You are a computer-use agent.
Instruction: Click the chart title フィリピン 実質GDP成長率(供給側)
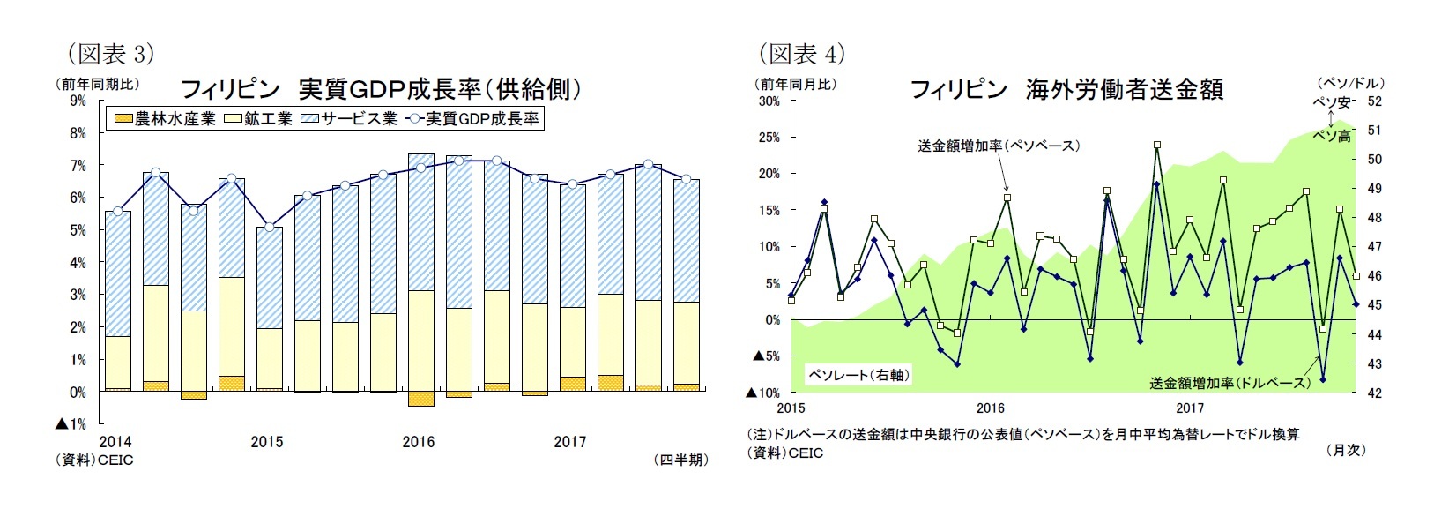point(381,89)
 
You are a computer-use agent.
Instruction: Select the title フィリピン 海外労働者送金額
point(1066,89)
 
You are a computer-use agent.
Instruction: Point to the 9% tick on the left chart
point(78,101)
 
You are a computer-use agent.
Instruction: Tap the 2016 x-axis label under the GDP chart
point(418,442)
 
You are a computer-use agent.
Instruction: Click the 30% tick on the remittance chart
point(769,101)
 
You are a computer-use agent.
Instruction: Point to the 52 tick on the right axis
point(1374,101)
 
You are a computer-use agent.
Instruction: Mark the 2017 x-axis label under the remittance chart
point(1190,408)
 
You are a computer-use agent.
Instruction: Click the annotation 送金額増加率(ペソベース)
point(999,146)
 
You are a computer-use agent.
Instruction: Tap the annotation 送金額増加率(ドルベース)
point(1230,383)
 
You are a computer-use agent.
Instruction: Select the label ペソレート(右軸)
point(858,375)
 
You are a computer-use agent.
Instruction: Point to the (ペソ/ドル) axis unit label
point(1347,83)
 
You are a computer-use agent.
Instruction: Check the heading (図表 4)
point(802,54)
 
